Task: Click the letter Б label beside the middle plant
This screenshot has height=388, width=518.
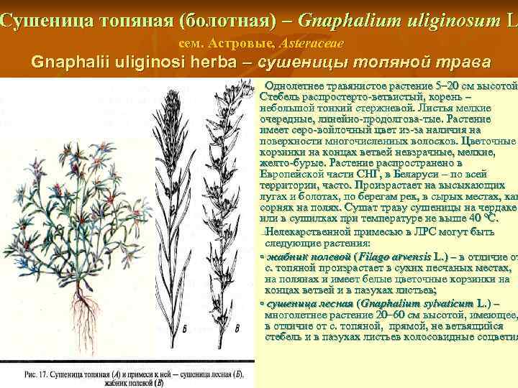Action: (x=185, y=329)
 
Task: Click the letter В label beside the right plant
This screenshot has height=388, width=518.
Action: (x=237, y=329)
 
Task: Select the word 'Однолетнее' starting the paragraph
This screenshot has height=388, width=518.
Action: (x=296, y=87)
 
